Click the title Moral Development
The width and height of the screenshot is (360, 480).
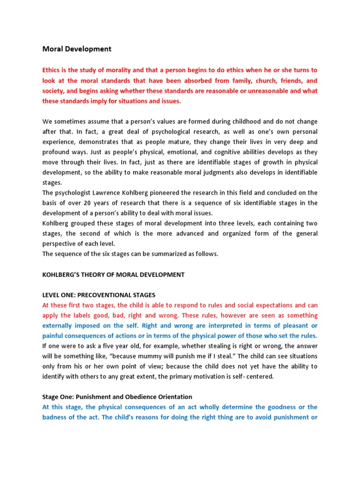[x=77, y=49]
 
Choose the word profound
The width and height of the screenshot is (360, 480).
[x=57, y=152]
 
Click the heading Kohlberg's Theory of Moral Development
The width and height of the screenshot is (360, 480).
[x=113, y=275]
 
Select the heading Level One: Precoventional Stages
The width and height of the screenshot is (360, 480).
[x=98, y=295]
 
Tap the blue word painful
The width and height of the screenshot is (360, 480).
[x=53, y=336]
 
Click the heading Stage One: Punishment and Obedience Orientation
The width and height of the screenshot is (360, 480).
[x=117, y=397]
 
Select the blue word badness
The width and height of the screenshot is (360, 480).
[x=56, y=417]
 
